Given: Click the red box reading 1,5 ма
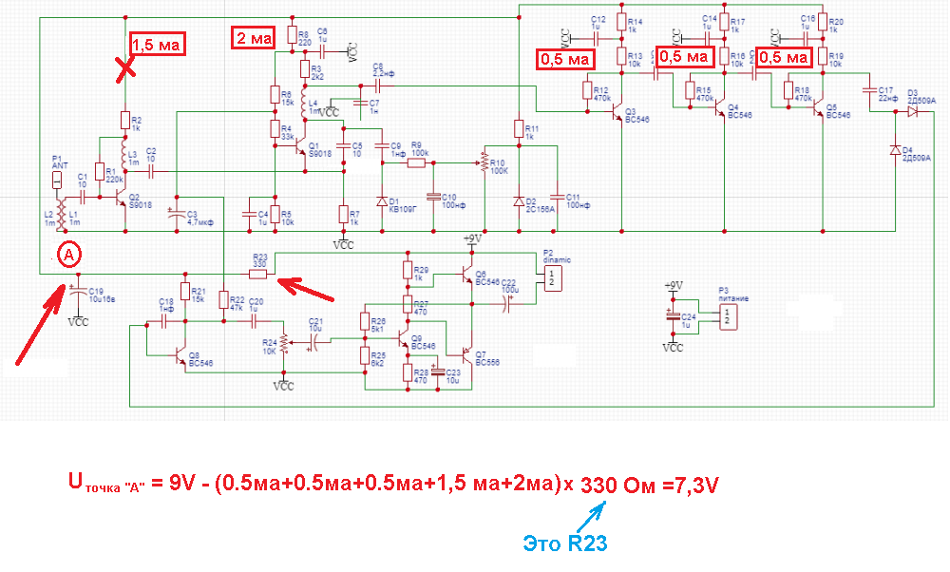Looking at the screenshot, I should tap(156, 45).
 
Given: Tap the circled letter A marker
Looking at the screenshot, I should tap(66, 254).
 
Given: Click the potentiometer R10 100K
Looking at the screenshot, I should tap(484, 162).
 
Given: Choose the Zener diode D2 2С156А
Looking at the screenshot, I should tap(519, 201).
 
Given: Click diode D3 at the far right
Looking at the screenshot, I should tap(912, 111).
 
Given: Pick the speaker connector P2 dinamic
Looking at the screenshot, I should tap(550, 276).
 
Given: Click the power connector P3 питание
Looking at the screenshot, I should tap(725, 314).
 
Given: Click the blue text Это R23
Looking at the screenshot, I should tap(564, 543).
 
